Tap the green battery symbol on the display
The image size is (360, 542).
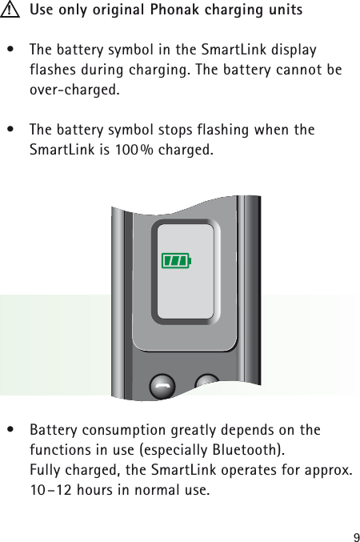[x=177, y=260]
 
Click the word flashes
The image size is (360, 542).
[x=54, y=70]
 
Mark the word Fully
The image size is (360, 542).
[x=44, y=470]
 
